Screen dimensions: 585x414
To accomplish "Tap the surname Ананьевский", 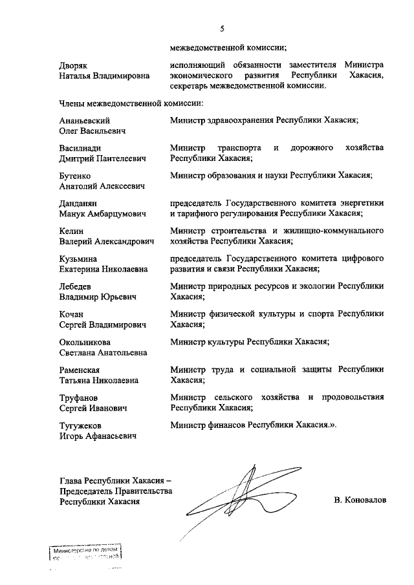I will [84, 121].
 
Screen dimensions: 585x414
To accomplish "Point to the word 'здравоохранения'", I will [240, 121].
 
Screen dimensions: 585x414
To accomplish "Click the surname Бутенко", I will [76, 175].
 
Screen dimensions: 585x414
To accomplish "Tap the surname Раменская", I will [81, 370].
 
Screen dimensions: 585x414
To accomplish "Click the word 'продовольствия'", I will [353, 398].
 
